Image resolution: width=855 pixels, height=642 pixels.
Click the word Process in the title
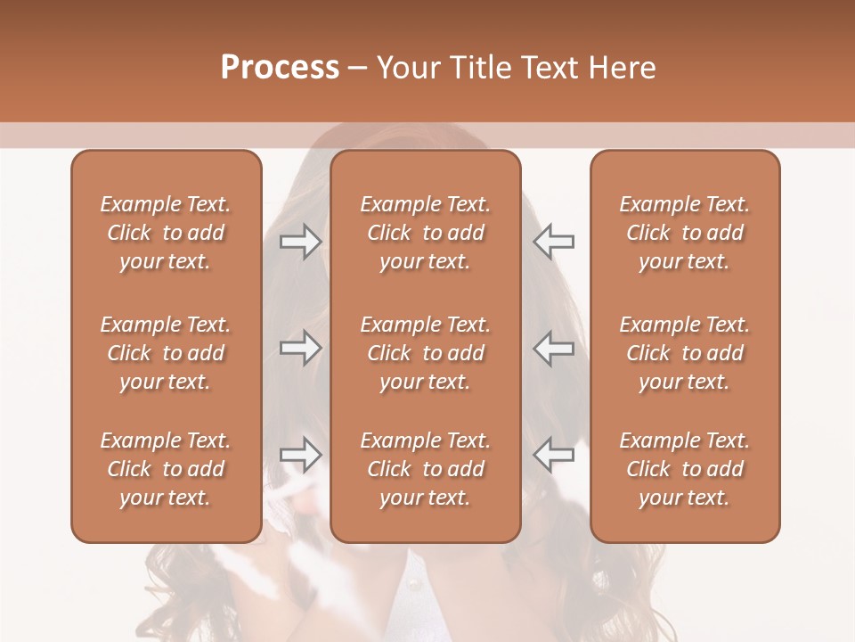click(x=280, y=68)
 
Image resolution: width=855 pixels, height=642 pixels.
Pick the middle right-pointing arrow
click(x=300, y=348)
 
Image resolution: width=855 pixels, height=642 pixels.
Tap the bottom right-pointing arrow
click(x=300, y=455)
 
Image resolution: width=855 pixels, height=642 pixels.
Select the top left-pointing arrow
click(x=553, y=241)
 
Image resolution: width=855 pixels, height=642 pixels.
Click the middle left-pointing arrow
click(x=553, y=348)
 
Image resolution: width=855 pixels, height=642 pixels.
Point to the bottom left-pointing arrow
click(x=553, y=455)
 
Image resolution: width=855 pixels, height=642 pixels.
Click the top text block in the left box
click(x=166, y=233)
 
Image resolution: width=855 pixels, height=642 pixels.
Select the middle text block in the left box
click(x=166, y=353)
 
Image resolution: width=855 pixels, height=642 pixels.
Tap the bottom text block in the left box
click(x=166, y=469)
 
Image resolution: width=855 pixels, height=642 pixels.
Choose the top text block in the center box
click(x=425, y=233)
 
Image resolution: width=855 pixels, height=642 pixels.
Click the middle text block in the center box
click(x=425, y=353)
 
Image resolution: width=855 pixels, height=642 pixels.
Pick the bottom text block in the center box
click(x=425, y=469)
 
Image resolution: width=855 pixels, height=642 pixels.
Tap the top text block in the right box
click(x=684, y=233)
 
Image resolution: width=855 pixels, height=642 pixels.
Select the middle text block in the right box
click(x=684, y=353)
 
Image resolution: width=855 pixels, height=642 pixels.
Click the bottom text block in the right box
click(x=684, y=469)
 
